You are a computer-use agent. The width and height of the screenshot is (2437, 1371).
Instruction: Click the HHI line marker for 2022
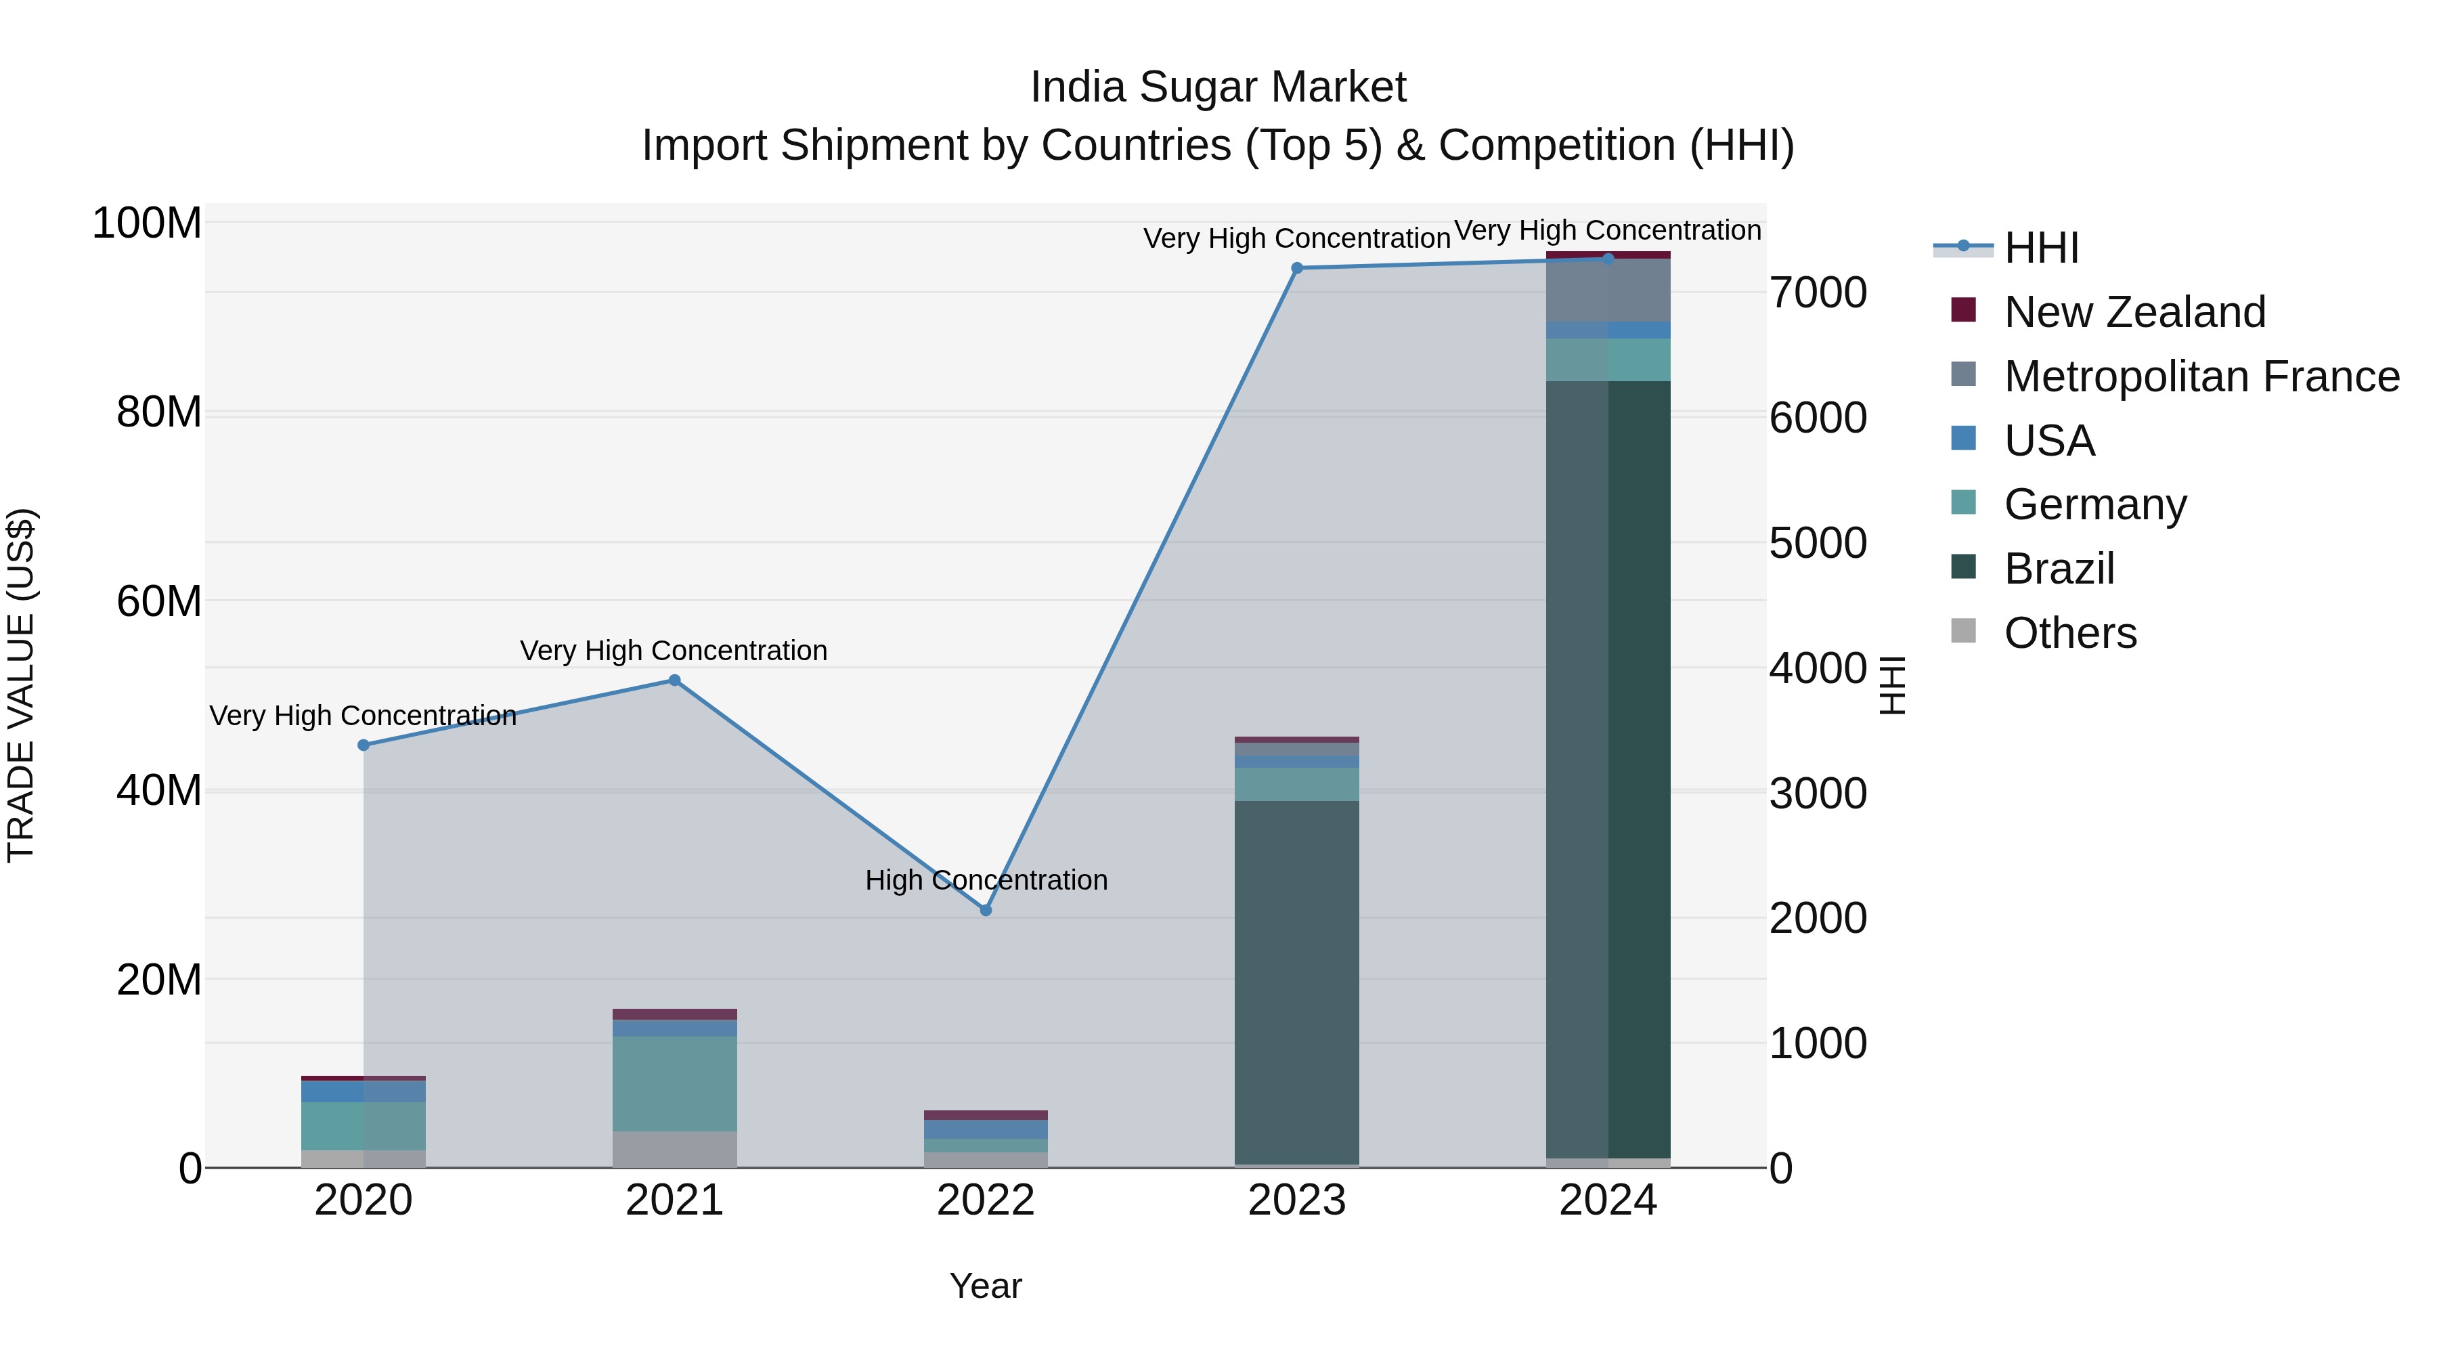[x=985, y=909]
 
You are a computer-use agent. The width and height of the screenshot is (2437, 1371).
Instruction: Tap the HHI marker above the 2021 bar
[x=674, y=680]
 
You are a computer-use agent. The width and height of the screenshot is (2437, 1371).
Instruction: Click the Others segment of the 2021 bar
[x=674, y=1149]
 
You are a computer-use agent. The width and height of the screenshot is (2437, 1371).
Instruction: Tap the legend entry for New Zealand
[x=2134, y=312]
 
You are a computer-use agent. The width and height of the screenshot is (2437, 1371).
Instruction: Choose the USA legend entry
[x=2049, y=441]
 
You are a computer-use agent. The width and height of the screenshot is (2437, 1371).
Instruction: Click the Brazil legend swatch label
[x=2059, y=569]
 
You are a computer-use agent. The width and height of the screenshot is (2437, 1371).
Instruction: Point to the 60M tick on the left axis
[x=159, y=602]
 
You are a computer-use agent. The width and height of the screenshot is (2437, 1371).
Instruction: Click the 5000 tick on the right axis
[x=1818, y=543]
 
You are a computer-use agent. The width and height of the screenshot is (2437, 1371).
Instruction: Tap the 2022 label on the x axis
[x=985, y=1200]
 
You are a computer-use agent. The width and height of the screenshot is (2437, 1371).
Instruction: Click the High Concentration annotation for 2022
[x=986, y=880]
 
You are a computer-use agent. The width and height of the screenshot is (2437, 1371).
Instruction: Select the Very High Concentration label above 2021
[x=674, y=651]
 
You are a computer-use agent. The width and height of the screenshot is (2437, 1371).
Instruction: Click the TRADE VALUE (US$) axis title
[x=21, y=685]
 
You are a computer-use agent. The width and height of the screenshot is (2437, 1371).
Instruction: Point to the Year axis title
[x=985, y=1286]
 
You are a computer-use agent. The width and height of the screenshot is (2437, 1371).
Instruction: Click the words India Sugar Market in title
[x=1218, y=87]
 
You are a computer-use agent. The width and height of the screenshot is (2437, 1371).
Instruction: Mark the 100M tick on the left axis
[x=147, y=224]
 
